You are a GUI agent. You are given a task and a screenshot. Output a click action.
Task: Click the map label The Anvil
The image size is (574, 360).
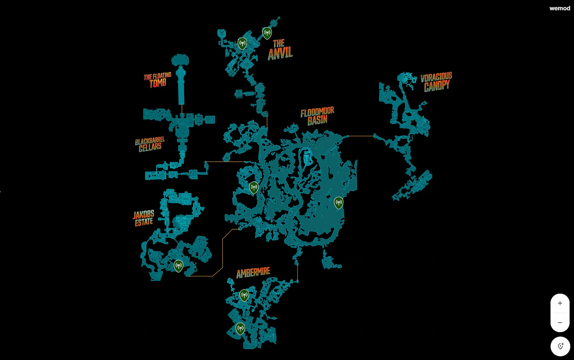click(280, 49)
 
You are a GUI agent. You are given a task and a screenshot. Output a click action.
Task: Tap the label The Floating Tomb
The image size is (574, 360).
click(157, 80)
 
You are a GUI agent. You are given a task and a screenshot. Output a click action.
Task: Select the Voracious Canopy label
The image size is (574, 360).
click(436, 82)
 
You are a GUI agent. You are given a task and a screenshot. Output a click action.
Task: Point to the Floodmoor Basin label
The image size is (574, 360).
click(317, 116)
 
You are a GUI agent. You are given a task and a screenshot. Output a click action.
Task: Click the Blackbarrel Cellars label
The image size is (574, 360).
click(150, 144)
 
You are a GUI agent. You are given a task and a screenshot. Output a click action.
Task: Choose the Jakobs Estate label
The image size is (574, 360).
click(144, 218)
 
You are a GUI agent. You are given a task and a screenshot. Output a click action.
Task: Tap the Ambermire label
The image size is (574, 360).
click(253, 273)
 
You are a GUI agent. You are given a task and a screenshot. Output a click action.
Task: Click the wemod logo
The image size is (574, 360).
click(560, 8)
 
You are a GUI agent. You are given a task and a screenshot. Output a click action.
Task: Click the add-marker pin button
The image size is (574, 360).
click(560, 346)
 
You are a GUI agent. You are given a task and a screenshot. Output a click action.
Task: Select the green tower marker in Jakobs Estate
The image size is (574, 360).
click(178, 265)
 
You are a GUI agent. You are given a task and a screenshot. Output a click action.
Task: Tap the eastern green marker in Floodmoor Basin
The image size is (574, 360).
click(339, 202)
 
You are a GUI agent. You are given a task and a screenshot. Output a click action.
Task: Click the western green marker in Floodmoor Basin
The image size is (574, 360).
click(254, 187)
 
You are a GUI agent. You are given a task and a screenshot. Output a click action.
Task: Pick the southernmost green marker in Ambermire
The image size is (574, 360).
click(240, 328)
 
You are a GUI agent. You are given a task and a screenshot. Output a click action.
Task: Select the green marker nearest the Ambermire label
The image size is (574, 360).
click(244, 295)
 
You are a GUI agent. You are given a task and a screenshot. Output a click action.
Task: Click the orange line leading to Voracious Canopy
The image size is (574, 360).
click(361, 136)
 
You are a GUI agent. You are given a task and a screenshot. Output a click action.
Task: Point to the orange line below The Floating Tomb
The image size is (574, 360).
click(182, 109)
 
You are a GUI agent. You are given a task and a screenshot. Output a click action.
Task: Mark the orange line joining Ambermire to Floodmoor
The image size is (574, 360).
click(297, 273)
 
